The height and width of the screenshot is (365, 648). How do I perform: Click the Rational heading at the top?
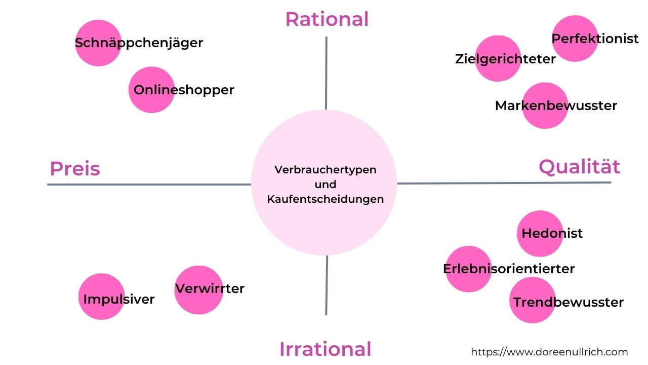tap(327, 19)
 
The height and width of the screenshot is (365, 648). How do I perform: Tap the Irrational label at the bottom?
tap(325, 349)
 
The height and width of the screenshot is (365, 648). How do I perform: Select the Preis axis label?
tap(74, 168)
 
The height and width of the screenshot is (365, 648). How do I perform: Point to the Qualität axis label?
tap(579, 166)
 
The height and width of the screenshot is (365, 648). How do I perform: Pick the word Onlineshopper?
tap(184, 90)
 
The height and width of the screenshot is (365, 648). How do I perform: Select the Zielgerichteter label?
tap(505, 59)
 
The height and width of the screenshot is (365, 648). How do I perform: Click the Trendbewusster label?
tap(568, 302)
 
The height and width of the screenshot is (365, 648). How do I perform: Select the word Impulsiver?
tap(118, 299)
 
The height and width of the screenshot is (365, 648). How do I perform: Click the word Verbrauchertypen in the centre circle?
tap(325, 169)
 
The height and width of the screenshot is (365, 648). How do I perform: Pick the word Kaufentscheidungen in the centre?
tap(325, 199)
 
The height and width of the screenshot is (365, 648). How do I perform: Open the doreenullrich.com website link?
tap(549, 352)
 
